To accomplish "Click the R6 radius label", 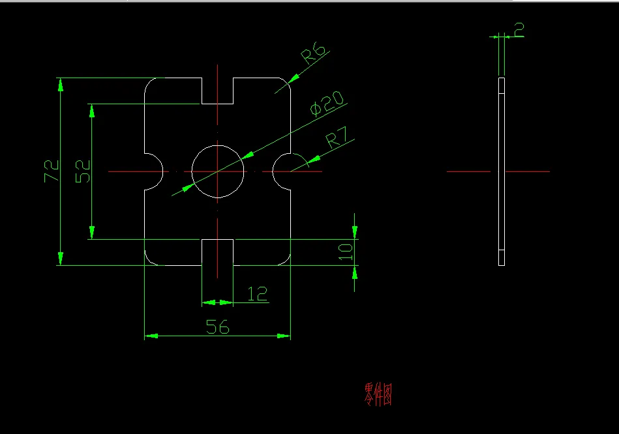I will tap(313, 53).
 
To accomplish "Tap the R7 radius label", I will tap(339, 137).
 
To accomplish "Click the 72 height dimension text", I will tap(52, 171).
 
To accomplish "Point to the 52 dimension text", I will tap(83, 171).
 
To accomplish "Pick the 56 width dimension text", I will tap(217, 326).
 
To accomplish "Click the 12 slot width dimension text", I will tap(258, 294).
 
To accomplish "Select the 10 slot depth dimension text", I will tap(346, 250).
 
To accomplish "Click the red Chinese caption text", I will tap(378, 394).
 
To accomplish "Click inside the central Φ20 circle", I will tap(218, 171).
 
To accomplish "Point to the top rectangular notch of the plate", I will tap(217, 91).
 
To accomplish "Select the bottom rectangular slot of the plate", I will tap(217, 253).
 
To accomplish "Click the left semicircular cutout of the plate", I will tap(153, 171).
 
